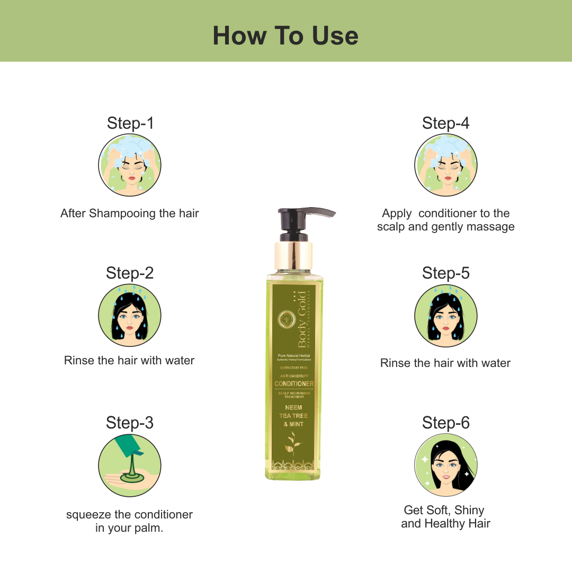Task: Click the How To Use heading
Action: [285, 35]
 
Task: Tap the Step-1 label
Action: [130, 123]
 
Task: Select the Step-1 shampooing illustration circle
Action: [130, 165]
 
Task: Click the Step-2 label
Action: [130, 273]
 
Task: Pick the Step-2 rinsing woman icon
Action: [130, 315]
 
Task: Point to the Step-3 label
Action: [130, 423]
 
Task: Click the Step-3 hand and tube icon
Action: [130, 466]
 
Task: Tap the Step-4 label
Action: [445, 123]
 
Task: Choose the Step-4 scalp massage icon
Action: [445, 165]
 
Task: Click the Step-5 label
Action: [445, 273]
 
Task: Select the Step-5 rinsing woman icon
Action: [445, 315]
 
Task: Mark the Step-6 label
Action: [445, 423]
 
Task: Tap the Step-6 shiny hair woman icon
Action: [445, 466]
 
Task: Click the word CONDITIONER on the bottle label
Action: [294, 383]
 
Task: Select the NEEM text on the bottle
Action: [293, 407]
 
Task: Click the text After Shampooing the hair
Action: [130, 213]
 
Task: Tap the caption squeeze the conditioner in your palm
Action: [130, 521]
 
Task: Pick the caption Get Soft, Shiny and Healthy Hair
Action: [445, 517]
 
